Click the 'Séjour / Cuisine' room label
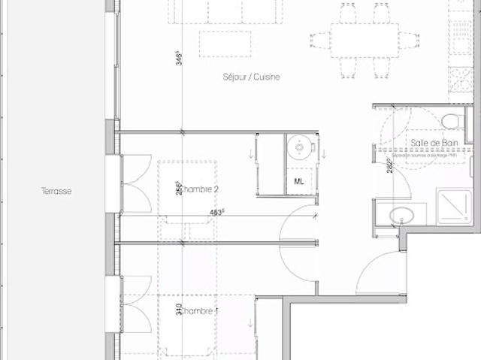tap(252, 77)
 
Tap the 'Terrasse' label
tap(56, 192)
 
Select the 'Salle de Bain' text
tap(429, 143)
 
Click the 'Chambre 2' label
tap(198, 189)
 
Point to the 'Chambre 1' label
tap(198, 311)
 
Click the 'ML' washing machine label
tap(299, 181)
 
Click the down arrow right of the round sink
tap(323, 154)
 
